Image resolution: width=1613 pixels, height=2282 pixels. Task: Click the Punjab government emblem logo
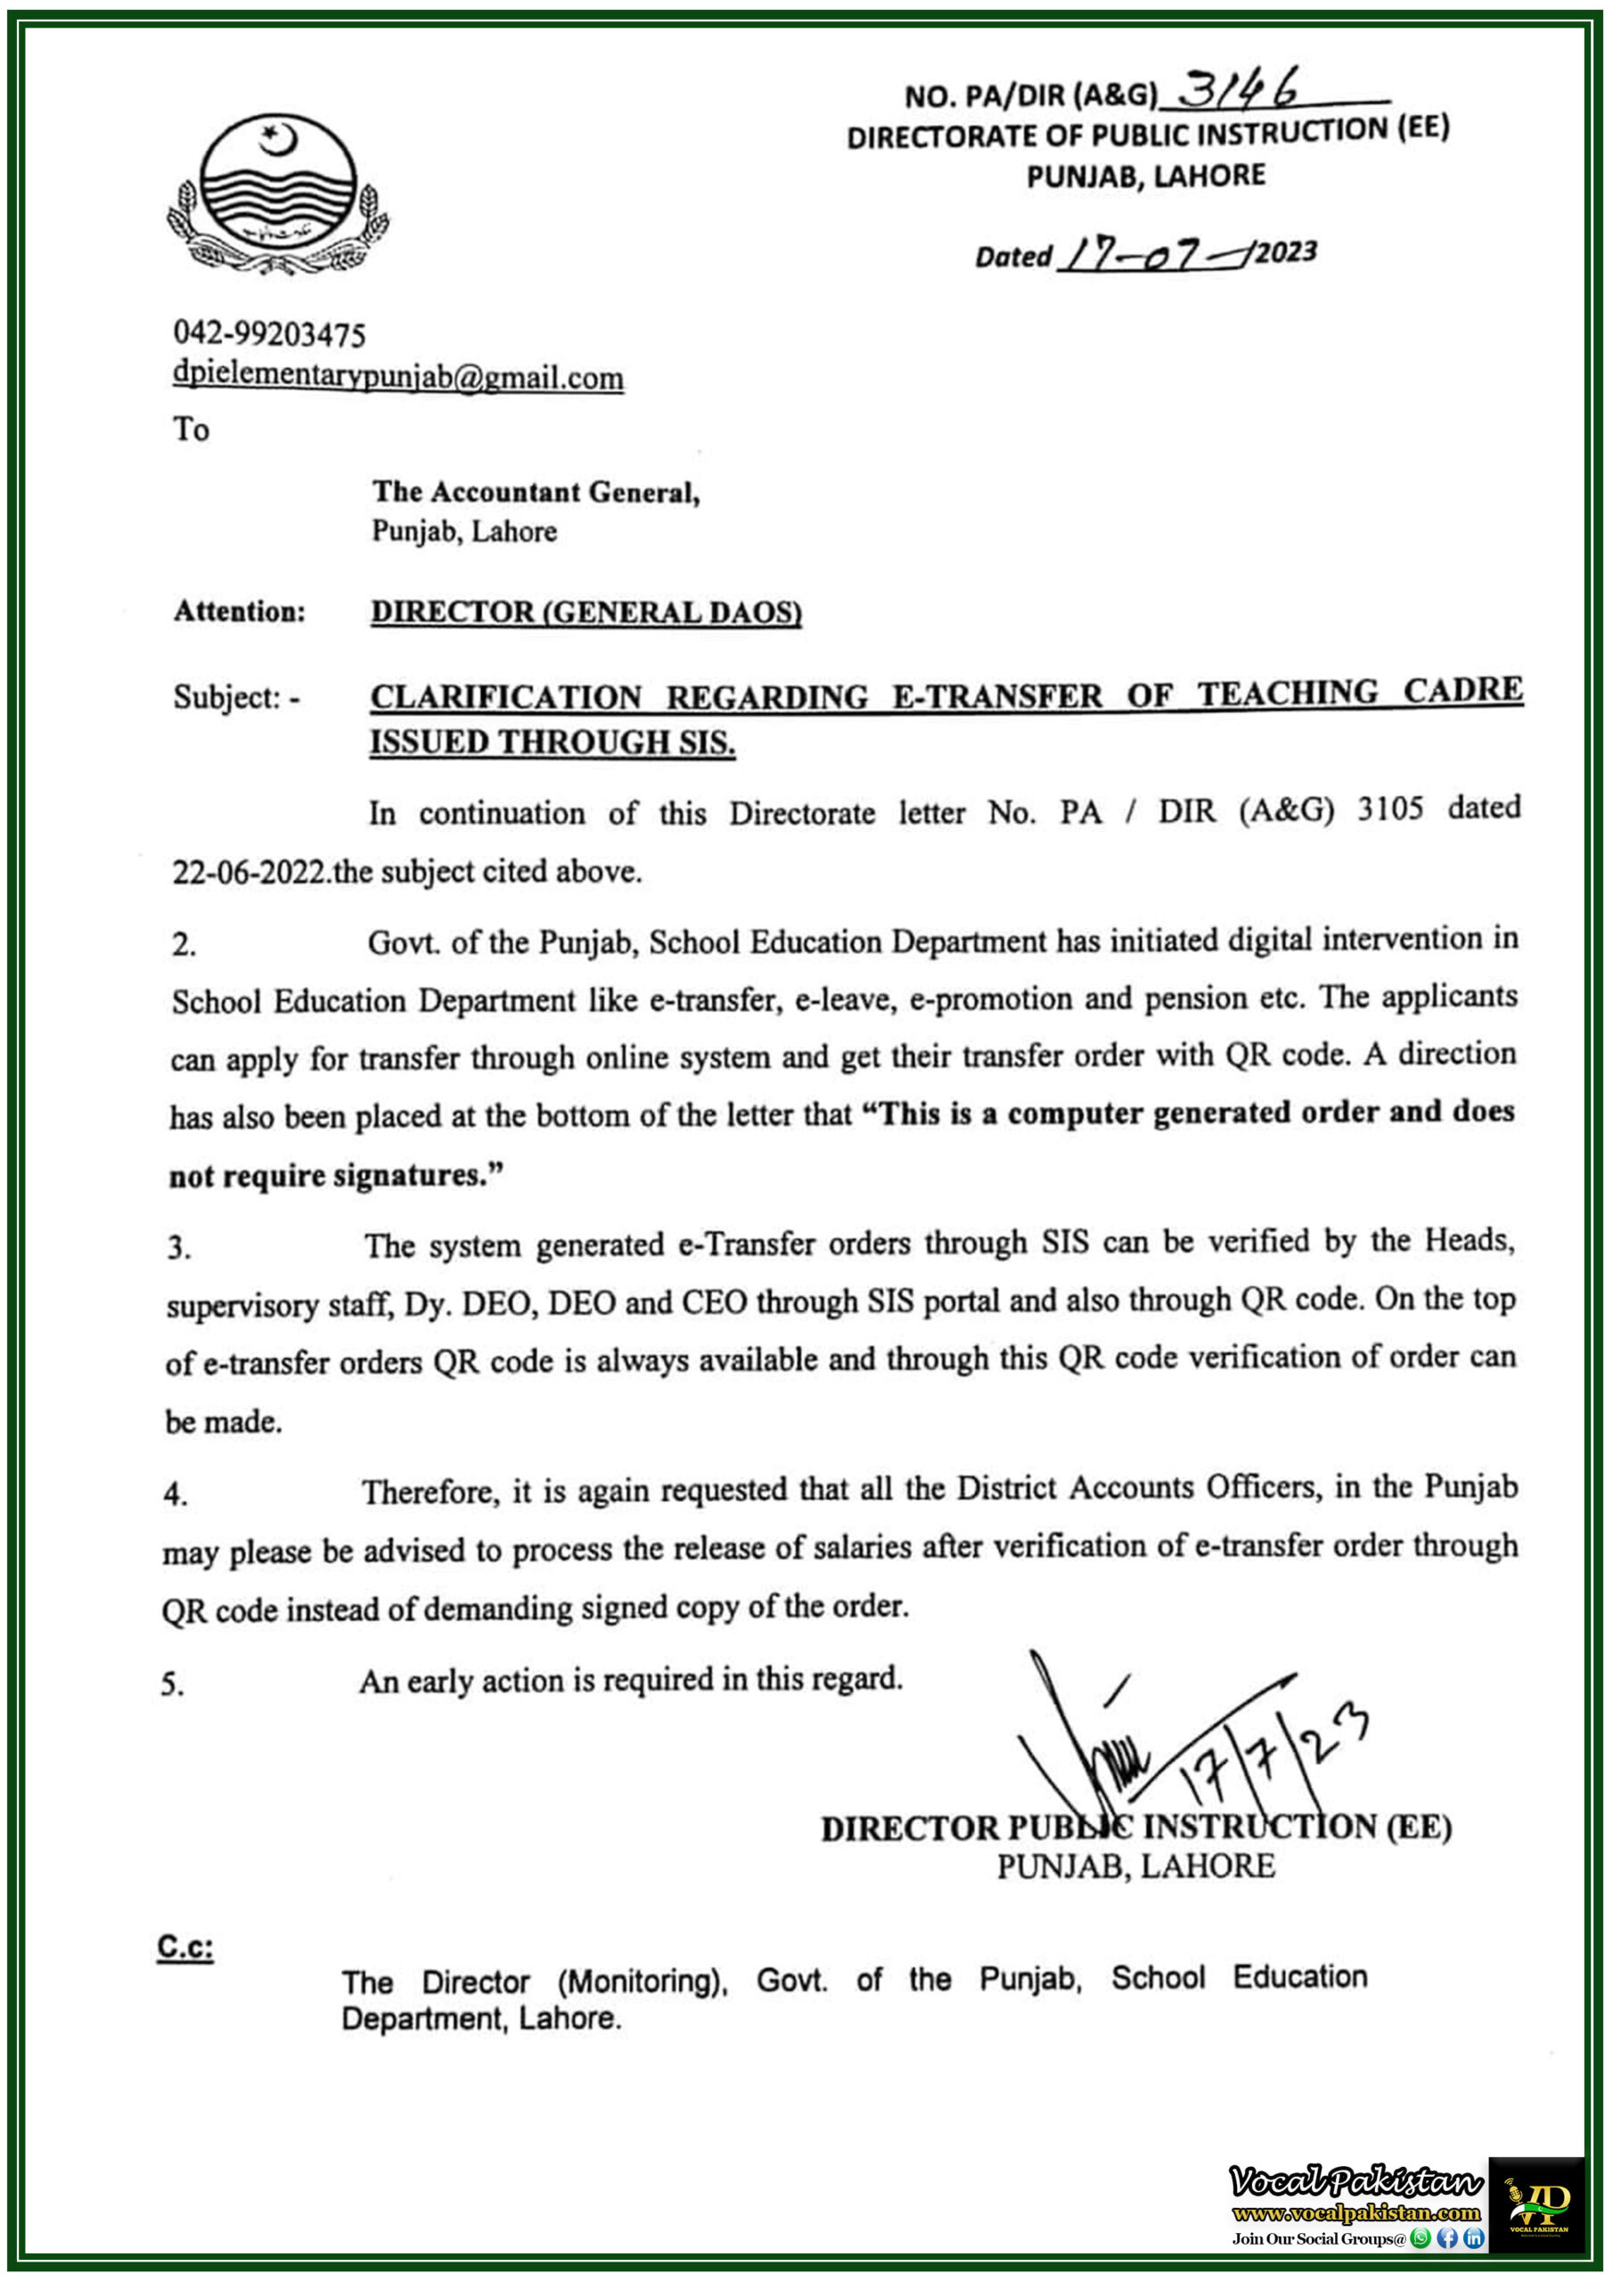click(x=277, y=193)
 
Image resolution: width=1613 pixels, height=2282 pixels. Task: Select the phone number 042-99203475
click(x=269, y=334)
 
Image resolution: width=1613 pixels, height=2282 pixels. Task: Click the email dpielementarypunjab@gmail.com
click(x=397, y=377)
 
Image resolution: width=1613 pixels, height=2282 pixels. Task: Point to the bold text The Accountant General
click(x=536, y=491)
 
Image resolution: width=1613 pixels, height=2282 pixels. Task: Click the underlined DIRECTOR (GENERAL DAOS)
click(x=585, y=612)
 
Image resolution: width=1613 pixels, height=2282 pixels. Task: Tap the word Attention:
click(x=240, y=612)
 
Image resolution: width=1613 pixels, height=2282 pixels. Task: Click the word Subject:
click(x=230, y=697)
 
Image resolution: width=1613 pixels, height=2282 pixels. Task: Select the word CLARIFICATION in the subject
click(x=506, y=697)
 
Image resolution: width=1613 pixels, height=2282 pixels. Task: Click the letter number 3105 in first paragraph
click(x=1389, y=809)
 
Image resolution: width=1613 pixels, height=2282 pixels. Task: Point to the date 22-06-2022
click(x=250, y=872)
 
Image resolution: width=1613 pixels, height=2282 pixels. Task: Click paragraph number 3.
click(x=179, y=1247)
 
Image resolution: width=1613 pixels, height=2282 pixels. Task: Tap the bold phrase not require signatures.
click(x=335, y=1176)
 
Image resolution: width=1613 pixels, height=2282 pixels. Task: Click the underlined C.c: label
click(x=184, y=1947)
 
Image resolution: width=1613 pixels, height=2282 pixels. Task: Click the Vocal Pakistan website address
click(x=1355, y=2213)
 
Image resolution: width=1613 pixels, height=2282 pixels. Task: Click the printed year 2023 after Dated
click(x=1285, y=252)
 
